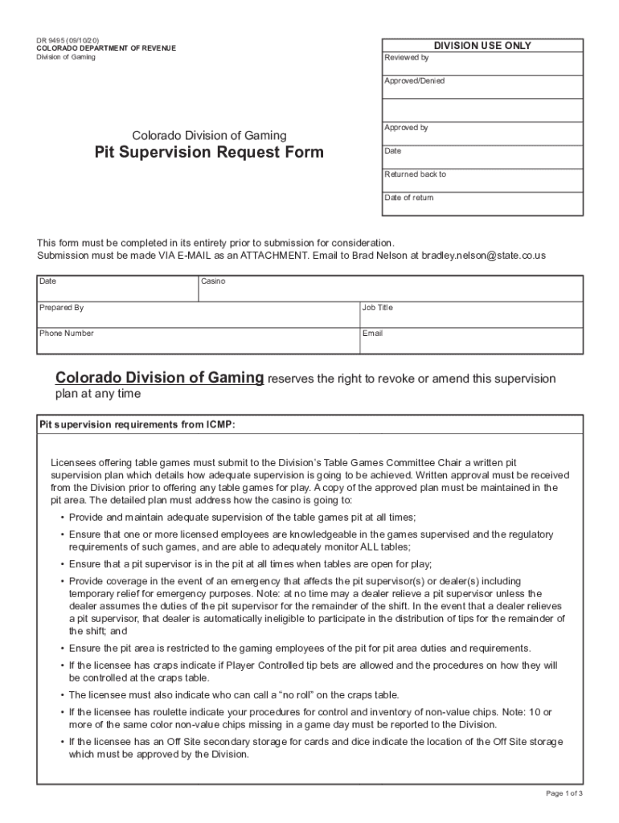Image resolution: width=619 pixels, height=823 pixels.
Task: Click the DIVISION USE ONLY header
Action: tap(482, 46)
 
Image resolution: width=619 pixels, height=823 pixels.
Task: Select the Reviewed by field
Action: tap(482, 64)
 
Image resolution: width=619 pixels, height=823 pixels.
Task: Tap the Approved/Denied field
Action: tap(482, 88)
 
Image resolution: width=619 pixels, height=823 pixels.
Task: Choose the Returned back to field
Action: tap(482, 181)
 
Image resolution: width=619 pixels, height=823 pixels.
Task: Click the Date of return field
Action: tap(482, 204)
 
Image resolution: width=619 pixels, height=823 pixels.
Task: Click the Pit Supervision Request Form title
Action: tap(209, 153)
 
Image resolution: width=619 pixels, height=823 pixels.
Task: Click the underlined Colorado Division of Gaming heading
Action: tap(159, 378)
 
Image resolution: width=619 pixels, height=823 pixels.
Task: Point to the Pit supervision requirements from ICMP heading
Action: tap(137, 424)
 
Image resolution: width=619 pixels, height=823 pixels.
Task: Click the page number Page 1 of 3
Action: tap(564, 794)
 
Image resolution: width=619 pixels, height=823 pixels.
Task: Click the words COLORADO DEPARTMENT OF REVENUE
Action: tap(105, 49)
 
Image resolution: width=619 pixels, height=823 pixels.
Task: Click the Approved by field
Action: tap(482, 134)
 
